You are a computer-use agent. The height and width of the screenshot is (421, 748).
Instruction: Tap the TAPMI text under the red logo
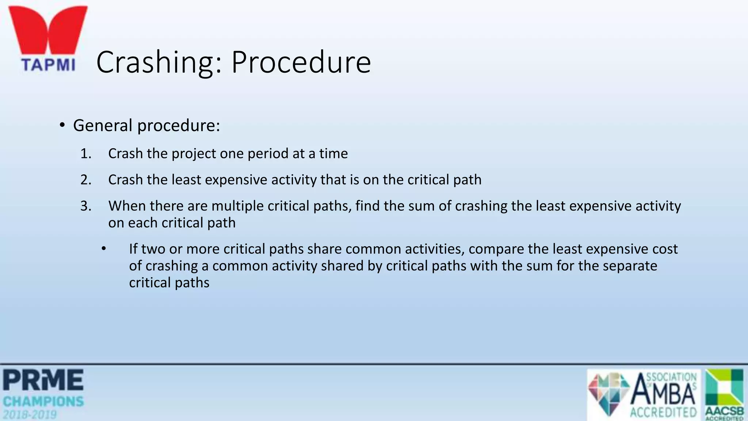click(48, 65)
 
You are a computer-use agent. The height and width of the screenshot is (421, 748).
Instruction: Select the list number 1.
click(85, 153)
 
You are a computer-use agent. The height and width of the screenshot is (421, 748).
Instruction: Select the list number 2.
click(86, 180)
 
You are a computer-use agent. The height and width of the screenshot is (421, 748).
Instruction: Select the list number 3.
click(86, 206)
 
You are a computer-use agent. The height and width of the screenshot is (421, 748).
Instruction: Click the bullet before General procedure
click(62, 125)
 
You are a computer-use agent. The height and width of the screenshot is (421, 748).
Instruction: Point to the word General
click(103, 125)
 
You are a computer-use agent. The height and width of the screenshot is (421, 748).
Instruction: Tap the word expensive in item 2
click(238, 180)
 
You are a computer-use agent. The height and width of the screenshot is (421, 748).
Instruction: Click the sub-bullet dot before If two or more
click(104, 249)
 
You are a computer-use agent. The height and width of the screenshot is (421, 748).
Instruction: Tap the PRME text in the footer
click(43, 380)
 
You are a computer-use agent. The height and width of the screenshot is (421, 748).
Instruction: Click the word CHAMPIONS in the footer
click(43, 402)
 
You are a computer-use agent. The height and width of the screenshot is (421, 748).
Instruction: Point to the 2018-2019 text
click(30, 415)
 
